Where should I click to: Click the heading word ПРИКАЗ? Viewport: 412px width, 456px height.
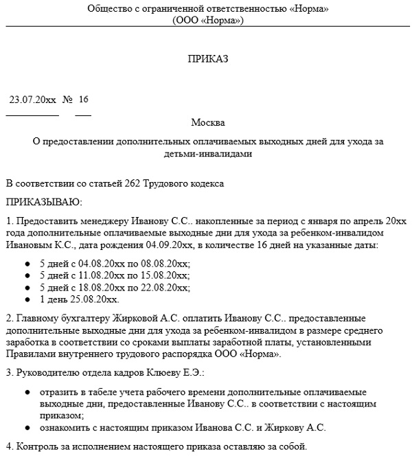click(x=207, y=59)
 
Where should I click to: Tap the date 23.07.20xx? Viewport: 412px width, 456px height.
click(x=32, y=100)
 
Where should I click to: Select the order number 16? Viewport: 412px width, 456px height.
click(x=84, y=100)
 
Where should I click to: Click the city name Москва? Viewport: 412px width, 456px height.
click(x=207, y=123)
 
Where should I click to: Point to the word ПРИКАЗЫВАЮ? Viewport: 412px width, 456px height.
click(x=43, y=203)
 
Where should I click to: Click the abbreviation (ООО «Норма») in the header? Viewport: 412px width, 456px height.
click(x=208, y=20)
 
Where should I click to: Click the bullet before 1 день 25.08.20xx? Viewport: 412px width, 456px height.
click(x=27, y=300)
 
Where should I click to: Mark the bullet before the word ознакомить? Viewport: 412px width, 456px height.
click(x=27, y=427)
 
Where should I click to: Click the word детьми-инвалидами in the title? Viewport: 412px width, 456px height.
click(x=207, y=154)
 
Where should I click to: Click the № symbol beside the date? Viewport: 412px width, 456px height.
click(x=67, y=100)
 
